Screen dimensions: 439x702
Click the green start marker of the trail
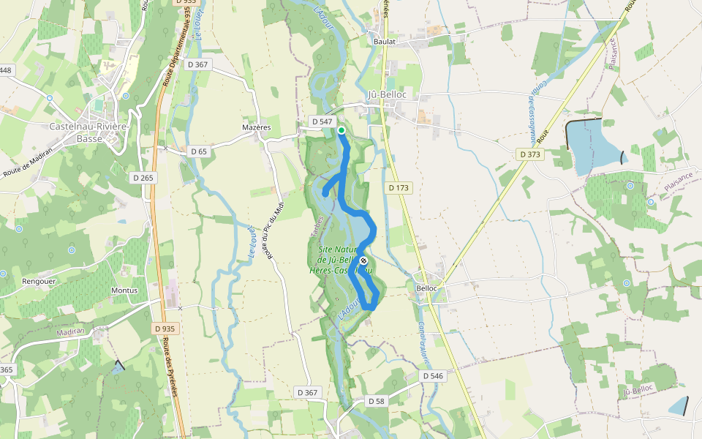point(341,130)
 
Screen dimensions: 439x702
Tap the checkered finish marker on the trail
point(363,260)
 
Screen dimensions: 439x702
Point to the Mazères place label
point(256,127)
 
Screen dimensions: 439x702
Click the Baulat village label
point(384,42)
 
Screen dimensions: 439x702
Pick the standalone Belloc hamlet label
point(426,288)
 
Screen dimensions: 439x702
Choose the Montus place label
point(124,290)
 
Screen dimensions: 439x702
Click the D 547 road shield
point(322,121)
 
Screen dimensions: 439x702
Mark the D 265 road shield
point(143,178)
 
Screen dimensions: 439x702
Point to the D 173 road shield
point(399,188)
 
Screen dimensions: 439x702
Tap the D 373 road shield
point(531,154)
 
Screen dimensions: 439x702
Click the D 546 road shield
point(433,375)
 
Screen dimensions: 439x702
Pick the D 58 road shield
point(376,401)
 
